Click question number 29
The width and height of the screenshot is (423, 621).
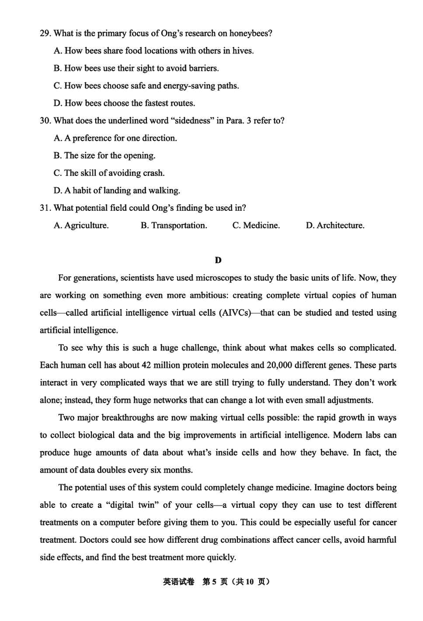(x=45, y=33)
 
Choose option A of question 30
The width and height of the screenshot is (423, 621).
(x=115, y=138)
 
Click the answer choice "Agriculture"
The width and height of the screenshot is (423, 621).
(x=81, y=225)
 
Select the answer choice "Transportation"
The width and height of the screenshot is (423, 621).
(x=174, y=225)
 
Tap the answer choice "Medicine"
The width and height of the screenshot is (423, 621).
(x=256, y=225)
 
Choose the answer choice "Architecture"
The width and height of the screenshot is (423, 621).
(x=335, y=225)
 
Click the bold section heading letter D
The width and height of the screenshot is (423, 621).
(x=218, y=260)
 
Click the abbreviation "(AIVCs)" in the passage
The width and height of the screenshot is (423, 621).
(x=233, y=313)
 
